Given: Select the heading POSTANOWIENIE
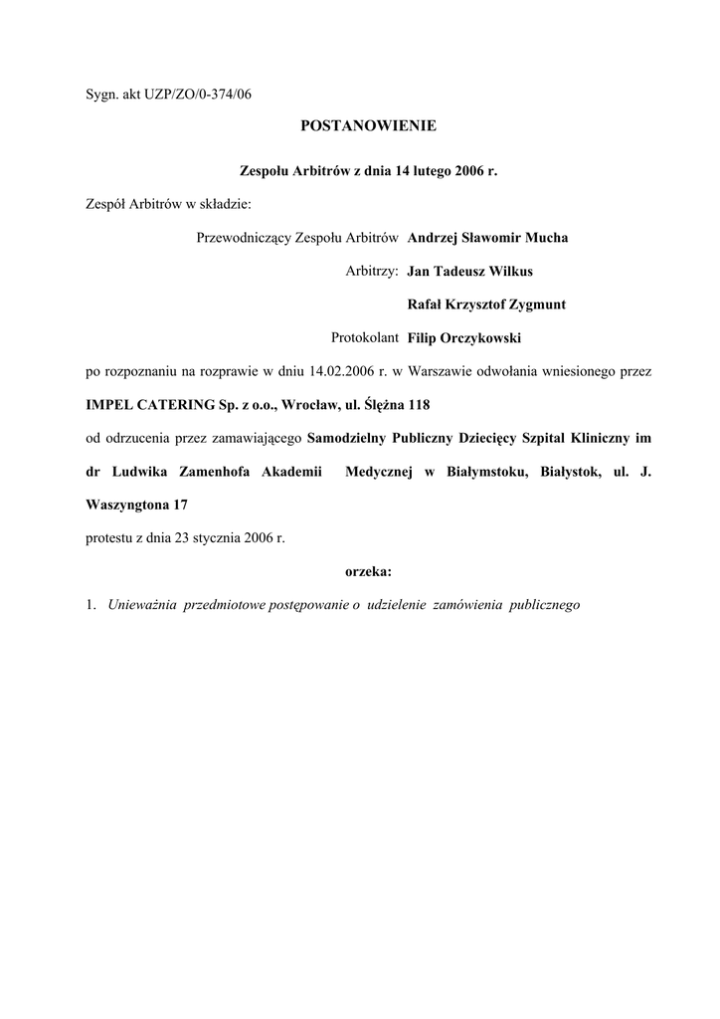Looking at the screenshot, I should [x=368, y=126].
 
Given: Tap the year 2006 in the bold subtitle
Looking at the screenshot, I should [x=470, y=171].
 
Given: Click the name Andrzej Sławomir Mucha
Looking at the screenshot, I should [x=487, y=238].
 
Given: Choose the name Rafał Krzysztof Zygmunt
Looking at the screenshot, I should [x=487, y=304].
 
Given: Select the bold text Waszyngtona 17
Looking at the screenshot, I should [x=137, y=505].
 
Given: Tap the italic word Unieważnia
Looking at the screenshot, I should [x=139, y=605].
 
